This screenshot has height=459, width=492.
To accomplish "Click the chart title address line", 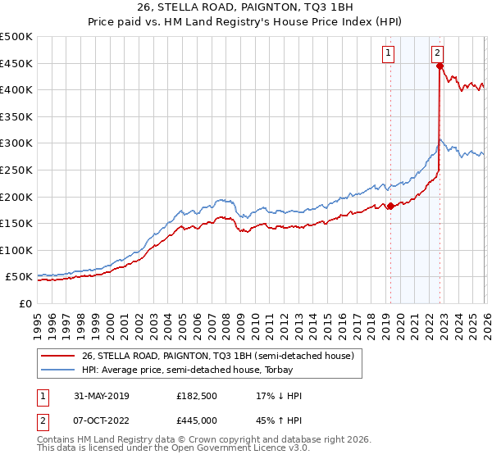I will click(245, 8).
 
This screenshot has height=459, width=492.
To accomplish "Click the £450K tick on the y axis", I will click(16, 63).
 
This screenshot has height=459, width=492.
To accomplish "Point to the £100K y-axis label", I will click(16, 251).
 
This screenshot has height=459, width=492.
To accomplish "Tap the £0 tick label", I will click(25, 304).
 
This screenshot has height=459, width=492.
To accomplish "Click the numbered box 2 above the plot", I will click(438, 53).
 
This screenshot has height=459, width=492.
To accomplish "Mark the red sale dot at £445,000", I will click(440, 66).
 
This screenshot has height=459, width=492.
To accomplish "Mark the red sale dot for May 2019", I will click(390, 206).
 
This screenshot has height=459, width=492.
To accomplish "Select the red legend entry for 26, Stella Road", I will click(217, 356).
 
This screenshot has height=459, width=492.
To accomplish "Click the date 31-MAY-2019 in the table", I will click(99, 396).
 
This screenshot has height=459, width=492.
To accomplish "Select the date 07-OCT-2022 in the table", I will click(99, 420).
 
